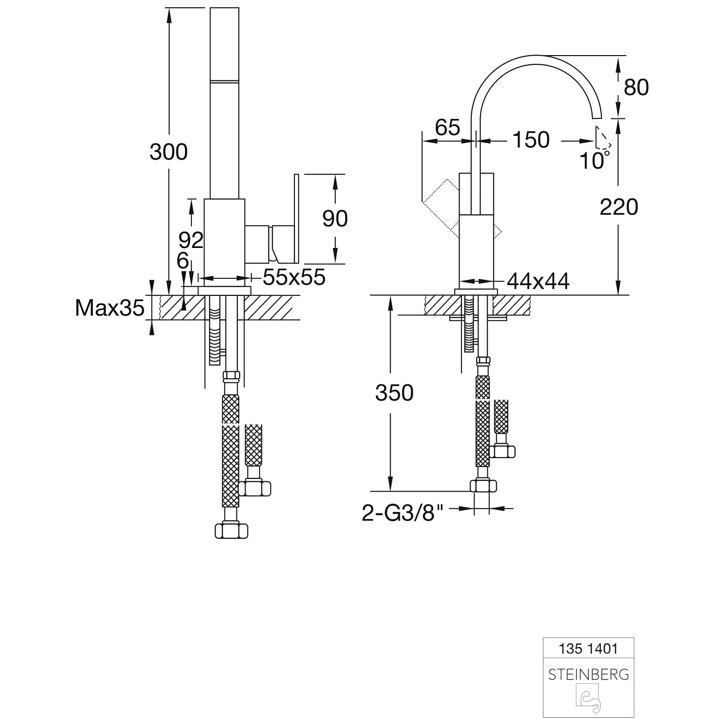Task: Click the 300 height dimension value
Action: click(168, 152)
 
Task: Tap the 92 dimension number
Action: click(191, 240)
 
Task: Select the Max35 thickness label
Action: click(110, 307)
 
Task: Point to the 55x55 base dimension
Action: click(294, 277)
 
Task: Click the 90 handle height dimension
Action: click(335, 218)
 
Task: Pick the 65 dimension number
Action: click(447, 128)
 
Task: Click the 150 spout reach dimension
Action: click(531, 140)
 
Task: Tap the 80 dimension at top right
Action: click(636, 87)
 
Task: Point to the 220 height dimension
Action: click(619, 207)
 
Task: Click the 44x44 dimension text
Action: click(538, 281)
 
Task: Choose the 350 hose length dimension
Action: click(394, 393)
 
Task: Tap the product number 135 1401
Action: click(588, 648)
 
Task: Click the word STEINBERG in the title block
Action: click(588, 674)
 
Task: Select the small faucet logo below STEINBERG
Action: click(588, 699)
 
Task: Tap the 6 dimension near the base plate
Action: click(183, 261)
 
